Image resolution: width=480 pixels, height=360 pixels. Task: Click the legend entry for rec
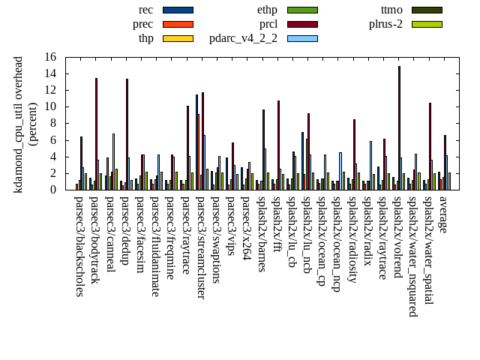click(146, 10)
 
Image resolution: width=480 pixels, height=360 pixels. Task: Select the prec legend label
click(142, 24)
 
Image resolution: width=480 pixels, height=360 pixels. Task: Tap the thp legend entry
click(146, 38)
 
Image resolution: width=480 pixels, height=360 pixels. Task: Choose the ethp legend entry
click(267, 10)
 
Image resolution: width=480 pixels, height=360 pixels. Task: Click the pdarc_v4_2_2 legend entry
click(243, 38)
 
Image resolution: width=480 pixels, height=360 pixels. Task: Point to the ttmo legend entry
click(391, 10)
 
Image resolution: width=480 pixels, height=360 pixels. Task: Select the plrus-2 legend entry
click(385, 24)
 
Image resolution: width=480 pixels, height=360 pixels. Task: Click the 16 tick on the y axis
click(50, 57)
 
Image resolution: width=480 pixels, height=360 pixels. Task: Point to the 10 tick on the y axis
click(50, 106)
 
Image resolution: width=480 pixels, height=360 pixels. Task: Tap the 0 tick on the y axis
click(53, 190)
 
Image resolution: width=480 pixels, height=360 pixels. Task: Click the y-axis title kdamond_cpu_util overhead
click(19, 124)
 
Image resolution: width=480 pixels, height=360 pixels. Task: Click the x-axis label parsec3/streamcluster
click(200, 247)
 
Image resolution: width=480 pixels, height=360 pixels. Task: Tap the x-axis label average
click(443, 214)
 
